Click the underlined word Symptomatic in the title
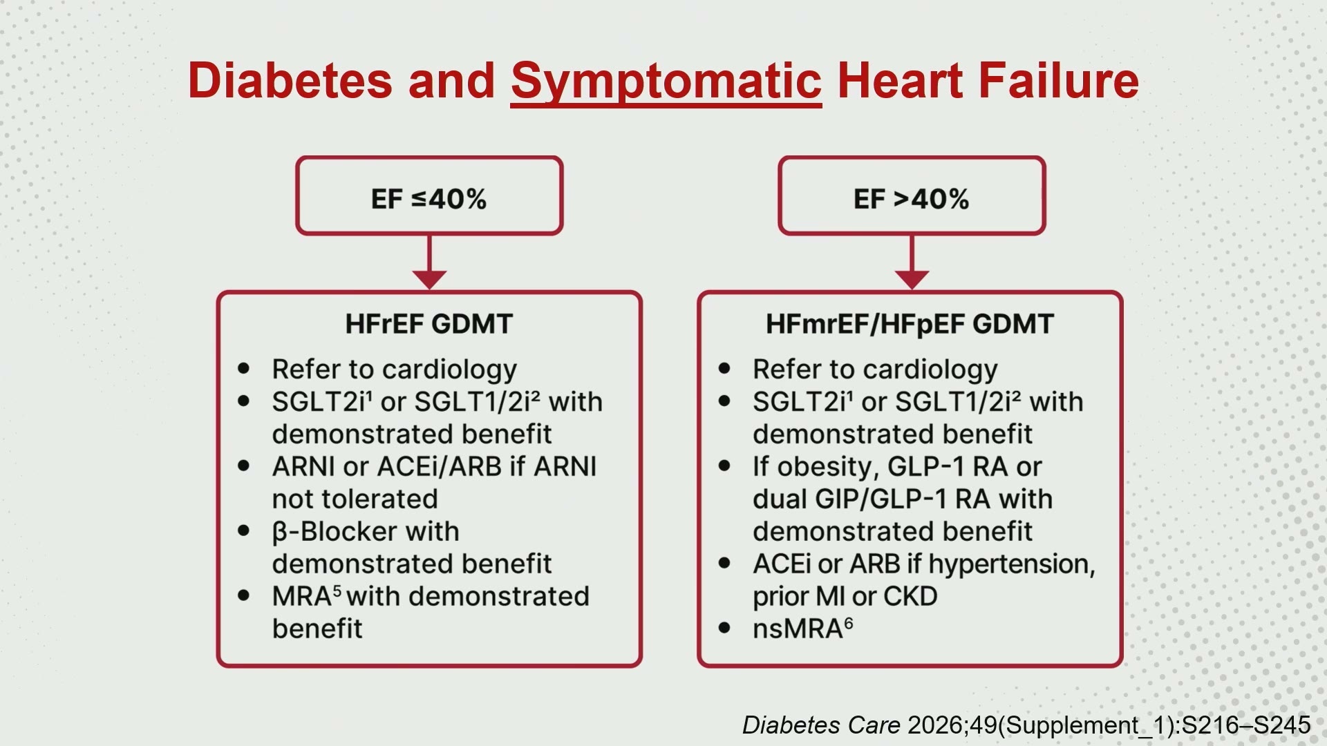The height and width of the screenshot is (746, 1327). pos(666,82)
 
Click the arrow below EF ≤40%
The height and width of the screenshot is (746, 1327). pos(429,262)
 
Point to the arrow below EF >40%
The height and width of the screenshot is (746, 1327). pos(912,262)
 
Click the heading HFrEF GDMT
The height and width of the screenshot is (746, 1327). pos(429,324)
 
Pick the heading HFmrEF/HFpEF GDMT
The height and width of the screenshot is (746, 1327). pos(910,324)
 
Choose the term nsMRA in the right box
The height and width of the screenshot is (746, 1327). pos(802,629)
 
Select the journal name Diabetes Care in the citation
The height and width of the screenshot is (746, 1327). pos(821,725)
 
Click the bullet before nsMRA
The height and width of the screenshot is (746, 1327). pos(724,629)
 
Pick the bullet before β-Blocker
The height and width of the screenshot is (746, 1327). pos(243,531)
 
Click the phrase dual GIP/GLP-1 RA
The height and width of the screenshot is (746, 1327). pos(872,499)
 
